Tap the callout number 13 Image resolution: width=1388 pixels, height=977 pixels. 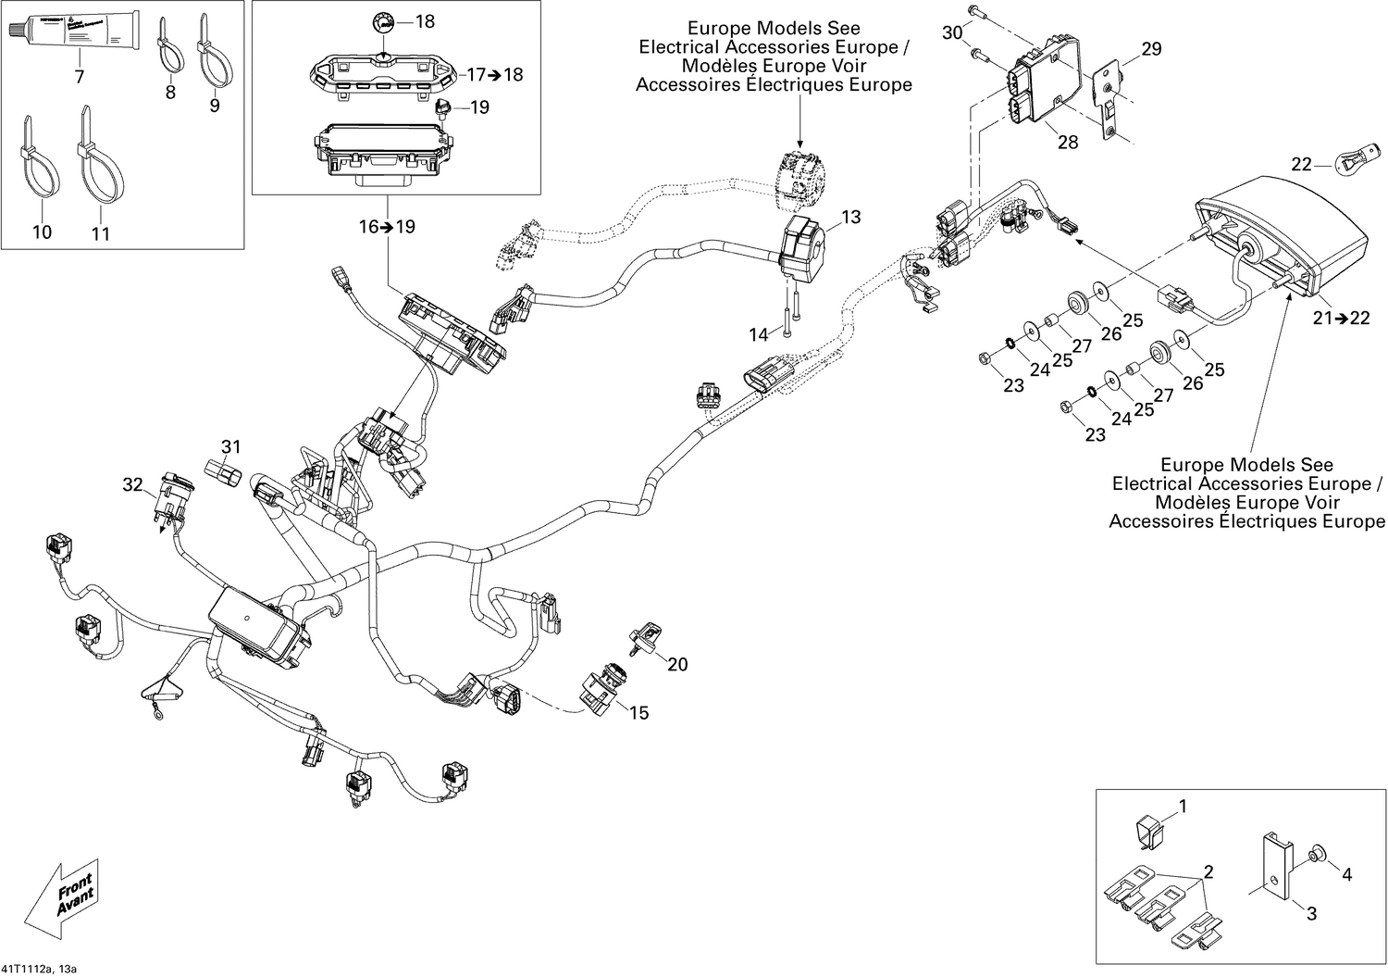850,217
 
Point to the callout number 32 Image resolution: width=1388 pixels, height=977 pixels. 133,484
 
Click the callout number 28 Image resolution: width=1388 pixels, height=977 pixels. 1067,143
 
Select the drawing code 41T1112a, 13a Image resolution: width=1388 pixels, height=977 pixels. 39,969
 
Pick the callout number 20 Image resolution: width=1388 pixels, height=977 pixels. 677,664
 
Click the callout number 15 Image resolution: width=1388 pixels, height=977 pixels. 638,712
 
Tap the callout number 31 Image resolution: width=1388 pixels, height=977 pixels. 230,448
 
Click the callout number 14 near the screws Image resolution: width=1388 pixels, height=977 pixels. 758,334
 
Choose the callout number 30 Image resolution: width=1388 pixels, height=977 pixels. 952,33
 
